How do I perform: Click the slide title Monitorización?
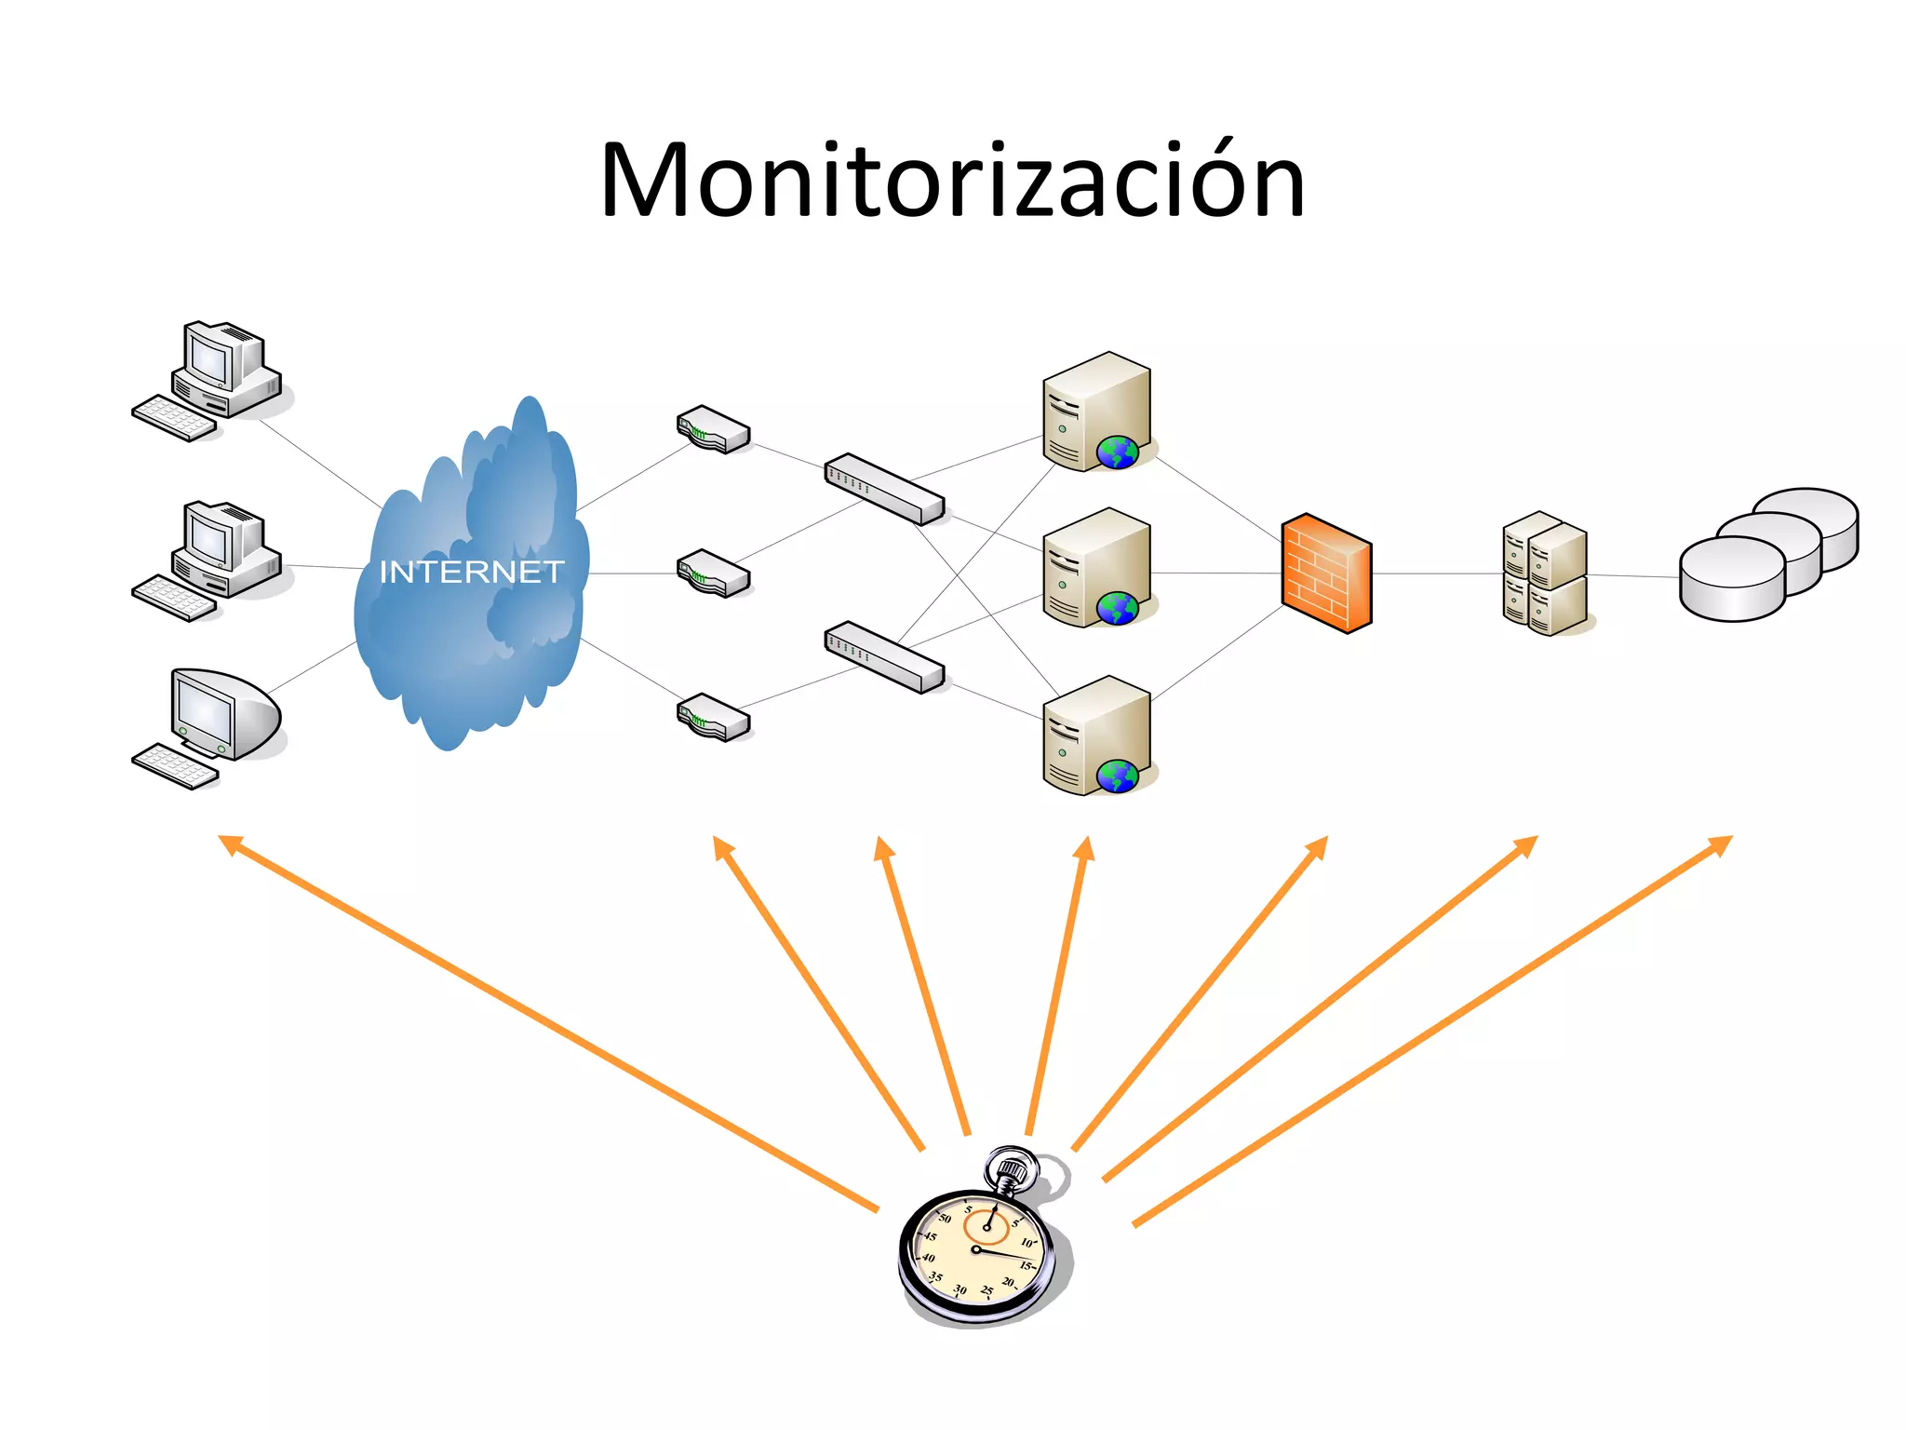point(952,181)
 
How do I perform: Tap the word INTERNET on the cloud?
point(472,572)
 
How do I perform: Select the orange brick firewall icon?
point(1326,573)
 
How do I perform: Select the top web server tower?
point(1096,411)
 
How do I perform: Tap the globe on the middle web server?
point(1117,609)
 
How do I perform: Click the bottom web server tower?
point(1096,735)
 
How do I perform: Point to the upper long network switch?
point(884,489)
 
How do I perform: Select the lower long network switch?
point(884,657)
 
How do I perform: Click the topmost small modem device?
point(713,429)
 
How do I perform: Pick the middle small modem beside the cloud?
point(713,573)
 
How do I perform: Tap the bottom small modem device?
point(713,717)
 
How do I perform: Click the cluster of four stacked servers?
point(1545,573)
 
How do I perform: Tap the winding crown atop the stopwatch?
point(1013,1169)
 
